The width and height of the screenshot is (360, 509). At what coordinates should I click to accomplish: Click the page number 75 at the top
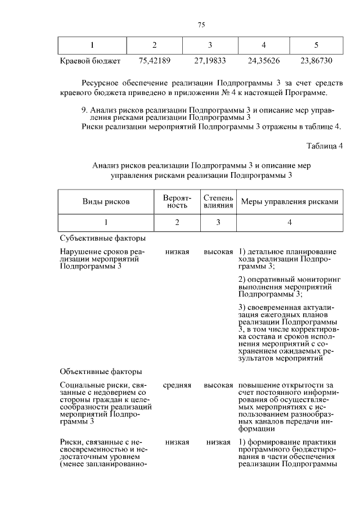(202, 24)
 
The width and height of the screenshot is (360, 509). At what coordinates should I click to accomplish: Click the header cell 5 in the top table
(316, 45)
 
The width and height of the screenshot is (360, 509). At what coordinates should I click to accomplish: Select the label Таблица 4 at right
(325, 146)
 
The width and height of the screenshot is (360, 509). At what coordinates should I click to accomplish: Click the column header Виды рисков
(106, 201)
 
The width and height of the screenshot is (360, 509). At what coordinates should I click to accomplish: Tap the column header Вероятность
(177, 201)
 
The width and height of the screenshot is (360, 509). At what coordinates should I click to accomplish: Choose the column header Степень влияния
(218, 201)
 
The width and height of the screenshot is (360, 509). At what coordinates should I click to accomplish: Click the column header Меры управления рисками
(290, 201)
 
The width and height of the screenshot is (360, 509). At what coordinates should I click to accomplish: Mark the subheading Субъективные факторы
(98, 238)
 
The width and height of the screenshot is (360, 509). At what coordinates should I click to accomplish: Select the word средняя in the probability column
(177, 385)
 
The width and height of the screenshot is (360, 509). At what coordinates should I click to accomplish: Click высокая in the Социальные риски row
(218, 385)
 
